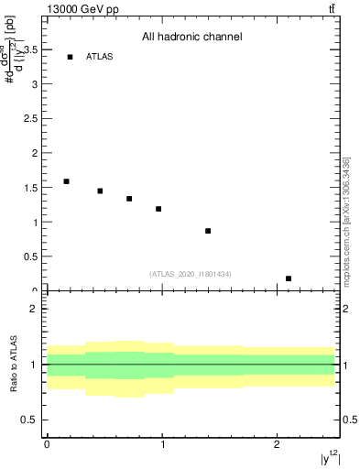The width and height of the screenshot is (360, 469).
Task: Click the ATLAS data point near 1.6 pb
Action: point(66,181)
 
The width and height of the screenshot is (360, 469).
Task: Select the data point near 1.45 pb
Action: point(100,191)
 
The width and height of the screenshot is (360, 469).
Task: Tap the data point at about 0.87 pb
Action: point(208,231)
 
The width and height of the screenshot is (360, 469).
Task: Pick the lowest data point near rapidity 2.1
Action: point(289,278)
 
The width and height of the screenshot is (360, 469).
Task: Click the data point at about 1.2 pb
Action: point(158,209)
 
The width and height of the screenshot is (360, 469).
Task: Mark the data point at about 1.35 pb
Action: point(129,199)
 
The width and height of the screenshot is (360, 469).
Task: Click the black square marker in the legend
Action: point(70,57)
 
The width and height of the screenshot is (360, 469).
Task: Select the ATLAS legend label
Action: point(99,57)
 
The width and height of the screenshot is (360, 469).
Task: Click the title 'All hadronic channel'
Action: point(191,38)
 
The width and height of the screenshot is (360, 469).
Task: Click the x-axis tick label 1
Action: point(162,444)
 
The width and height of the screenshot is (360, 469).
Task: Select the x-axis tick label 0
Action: point(47,444)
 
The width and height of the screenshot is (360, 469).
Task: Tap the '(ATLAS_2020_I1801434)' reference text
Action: point(191,274)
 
